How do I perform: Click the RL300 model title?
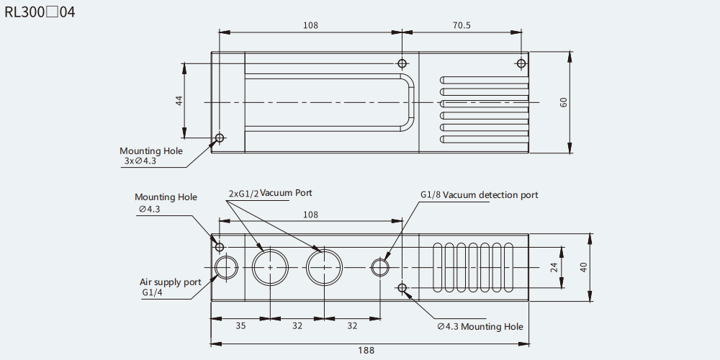pyautogui.click(x=40, y=12)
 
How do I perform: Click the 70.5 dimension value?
pyautogui.click(x=462, y=25)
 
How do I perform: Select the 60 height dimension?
pyautogui.click(x=564, y=102)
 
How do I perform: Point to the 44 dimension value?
pyautogui.click(x=179, y=101)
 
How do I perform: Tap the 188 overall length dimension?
pyautogui.click(x=366, y=351)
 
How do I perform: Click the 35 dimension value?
pyautogui.click(x=240, y=325)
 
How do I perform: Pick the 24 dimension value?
pyautogui.click(x=553, y=268)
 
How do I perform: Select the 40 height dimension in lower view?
pyautogui.click(x=583, y=268)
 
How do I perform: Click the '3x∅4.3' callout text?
pyautogui.click(x=140, y=161)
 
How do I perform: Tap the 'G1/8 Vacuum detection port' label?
pyautogui.click(x=480, y=194)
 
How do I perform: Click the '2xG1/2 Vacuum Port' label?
pyautogui.click(x=271, y=193)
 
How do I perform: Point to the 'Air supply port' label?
pyautogui.click(x=171, y=282)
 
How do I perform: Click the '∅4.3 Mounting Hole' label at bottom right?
pyautogui.click(x=480, y=326)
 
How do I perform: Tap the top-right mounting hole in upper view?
pyautogui.click(x=521, y=63)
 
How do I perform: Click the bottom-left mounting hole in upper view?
pyautogui.click(x=220, y=138)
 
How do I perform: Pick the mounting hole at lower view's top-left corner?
pyautogui.click(x=220, y=247)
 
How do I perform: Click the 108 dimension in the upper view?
pyautogui.click(x=310, y=25)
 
